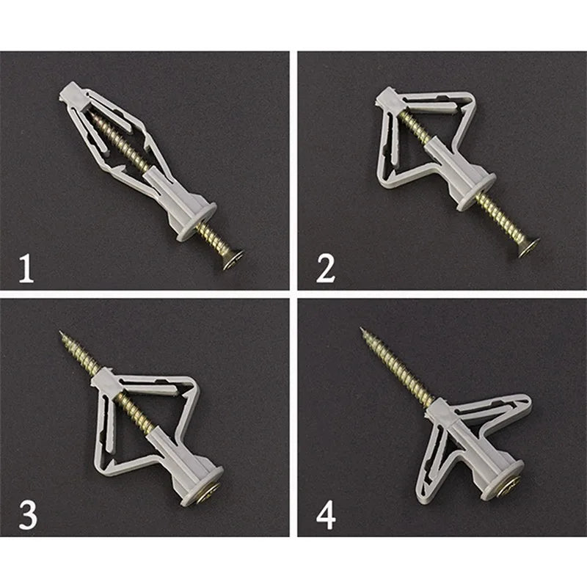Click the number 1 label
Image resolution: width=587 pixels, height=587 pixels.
(x=26, y=267)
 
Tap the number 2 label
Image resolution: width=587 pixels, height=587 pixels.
(x=325, y=267)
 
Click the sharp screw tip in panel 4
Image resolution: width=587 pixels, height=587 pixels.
(x=363, y=331)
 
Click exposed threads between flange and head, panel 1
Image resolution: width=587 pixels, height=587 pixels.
(x=215, y=238)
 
